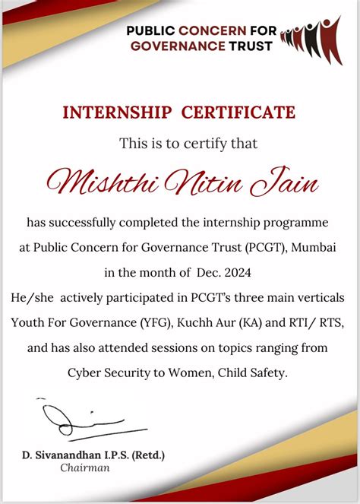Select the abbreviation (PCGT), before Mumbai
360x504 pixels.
coord(268,248)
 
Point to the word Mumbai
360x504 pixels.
coord(315,248)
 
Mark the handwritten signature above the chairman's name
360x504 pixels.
coord(77,421)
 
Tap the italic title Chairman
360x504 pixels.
coord(85,468)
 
